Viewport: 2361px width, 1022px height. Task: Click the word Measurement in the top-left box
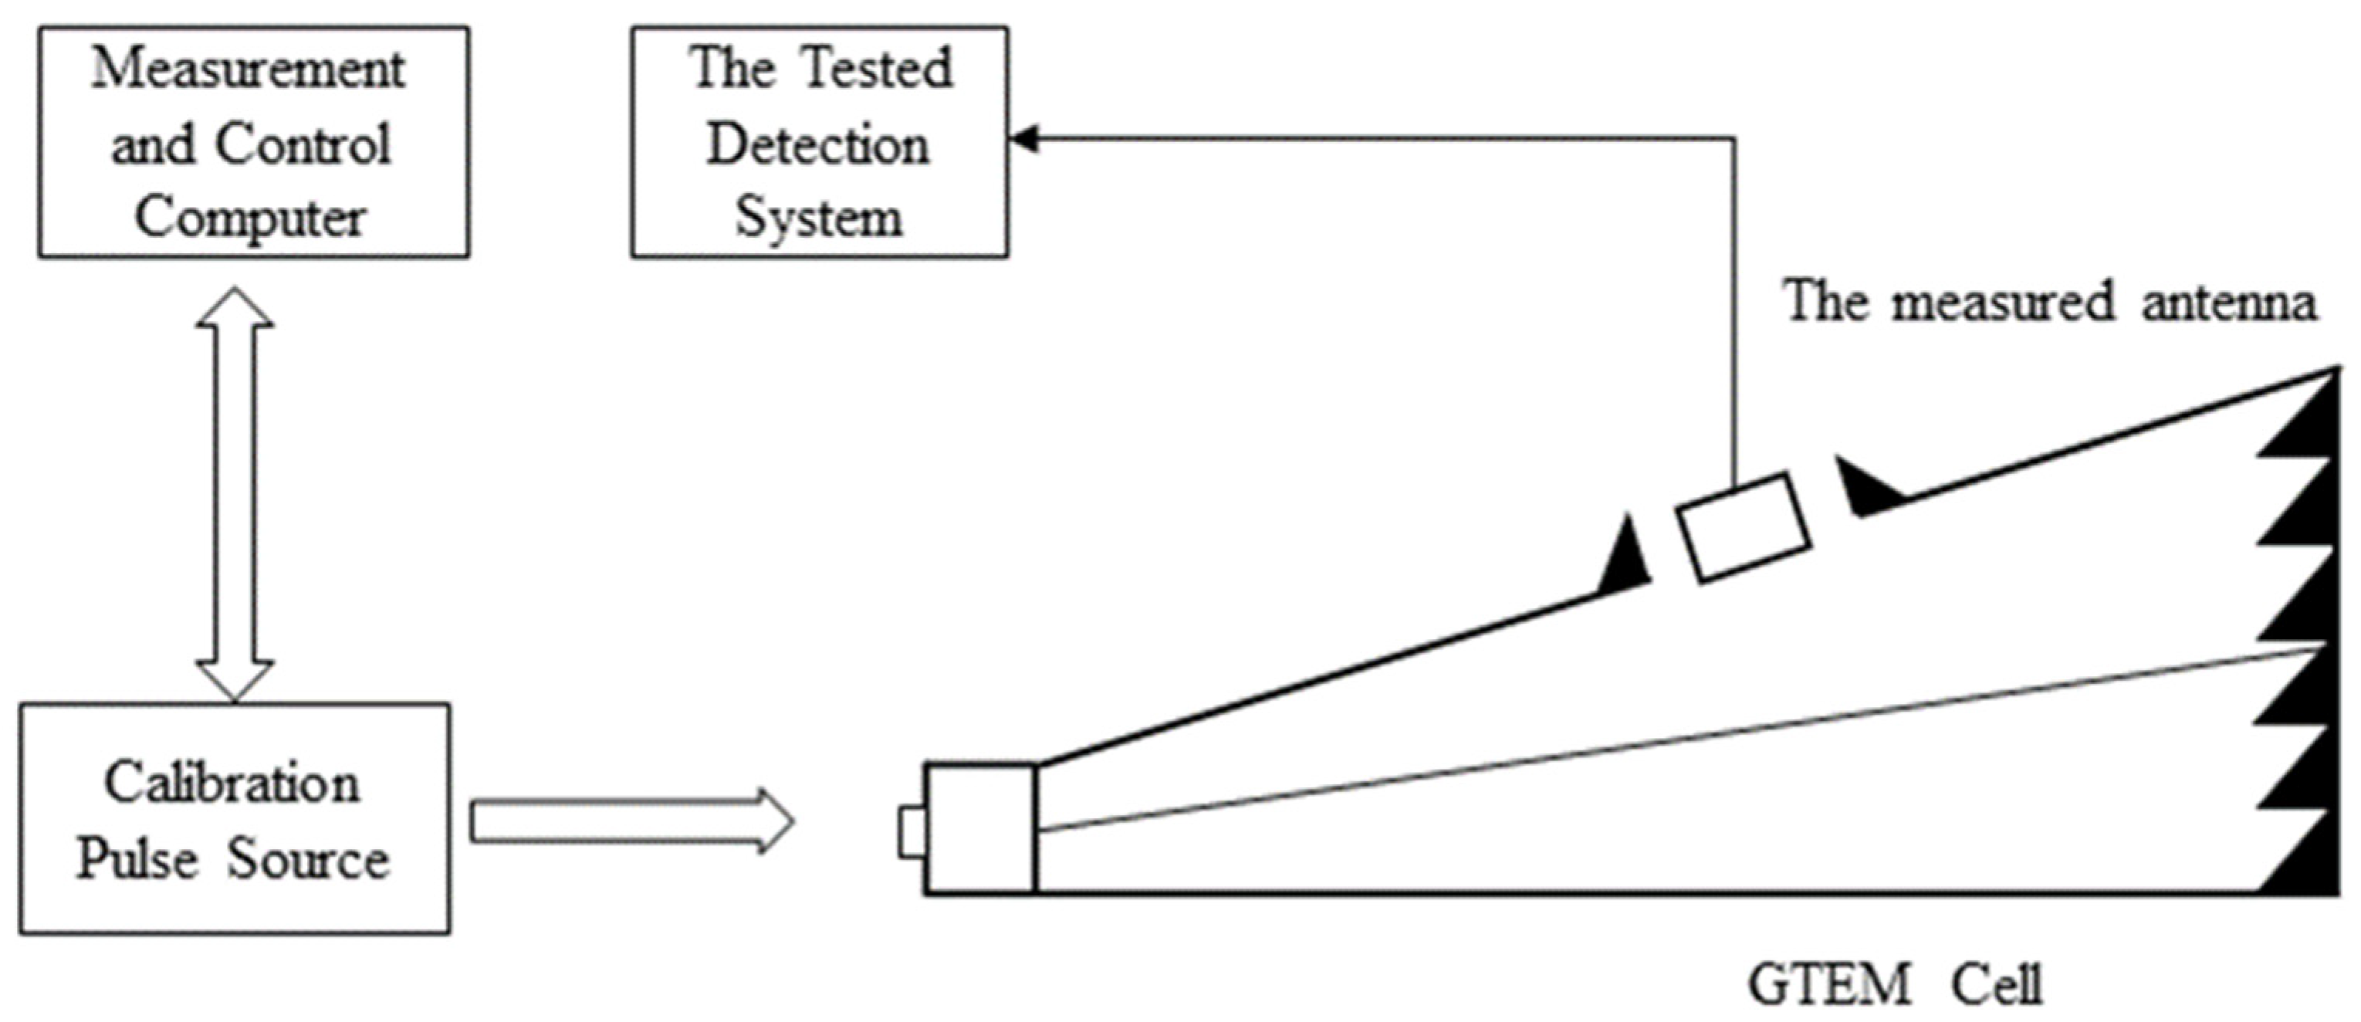[248, 69]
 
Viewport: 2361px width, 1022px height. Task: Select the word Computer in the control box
[249, 218]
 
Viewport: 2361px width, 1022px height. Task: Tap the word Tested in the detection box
[876, 69]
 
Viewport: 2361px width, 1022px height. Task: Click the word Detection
[817, 145]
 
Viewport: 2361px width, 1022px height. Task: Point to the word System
[818, 218]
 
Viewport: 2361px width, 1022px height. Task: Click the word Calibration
[232, 784]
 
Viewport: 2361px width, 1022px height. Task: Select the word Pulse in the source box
[137, 860]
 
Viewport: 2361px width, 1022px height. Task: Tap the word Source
[308, 860]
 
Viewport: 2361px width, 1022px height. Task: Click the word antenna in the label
[2228, 303]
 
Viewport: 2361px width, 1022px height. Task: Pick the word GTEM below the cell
[1829, 986]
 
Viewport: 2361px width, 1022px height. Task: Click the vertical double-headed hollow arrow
[235, 495]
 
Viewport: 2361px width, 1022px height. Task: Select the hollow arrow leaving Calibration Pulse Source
[631, 821]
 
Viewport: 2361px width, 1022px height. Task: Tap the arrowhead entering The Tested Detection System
[1023, 139]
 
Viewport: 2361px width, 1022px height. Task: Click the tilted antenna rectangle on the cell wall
[1744, 527]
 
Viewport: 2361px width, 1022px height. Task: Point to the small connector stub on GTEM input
[911, 832]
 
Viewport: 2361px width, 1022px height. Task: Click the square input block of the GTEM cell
[981, 827]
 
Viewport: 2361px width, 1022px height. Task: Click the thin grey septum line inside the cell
[1677, 739]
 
